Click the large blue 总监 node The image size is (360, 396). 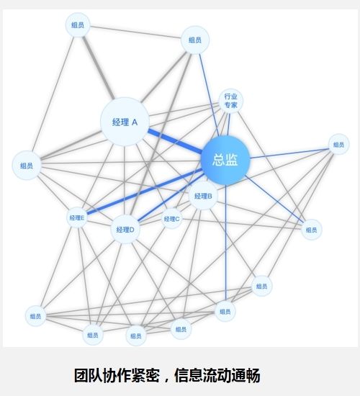coord(225,161)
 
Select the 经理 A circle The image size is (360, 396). coord(125,122)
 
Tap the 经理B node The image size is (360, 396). coord(203,196)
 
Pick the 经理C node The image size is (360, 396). coord(172,219)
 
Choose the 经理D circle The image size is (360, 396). coord(125,229)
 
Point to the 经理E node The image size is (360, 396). coord(77,217)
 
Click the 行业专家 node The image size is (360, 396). coord(230,101)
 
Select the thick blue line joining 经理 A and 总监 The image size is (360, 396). coord(175,141)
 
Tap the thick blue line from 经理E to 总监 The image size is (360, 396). coord(145,192)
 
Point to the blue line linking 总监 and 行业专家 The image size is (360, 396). coord(228,125)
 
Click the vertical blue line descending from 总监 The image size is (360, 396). coord(226,243)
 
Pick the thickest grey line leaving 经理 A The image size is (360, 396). coord(98,68)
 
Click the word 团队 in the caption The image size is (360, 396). coord(88,376)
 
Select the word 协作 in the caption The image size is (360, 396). coord(117,376)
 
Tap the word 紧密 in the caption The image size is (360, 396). coord(145,376)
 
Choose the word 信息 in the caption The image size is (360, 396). coord(188,376)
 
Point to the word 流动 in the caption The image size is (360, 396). coord(217,376)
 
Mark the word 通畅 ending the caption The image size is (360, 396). coord(246,376)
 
